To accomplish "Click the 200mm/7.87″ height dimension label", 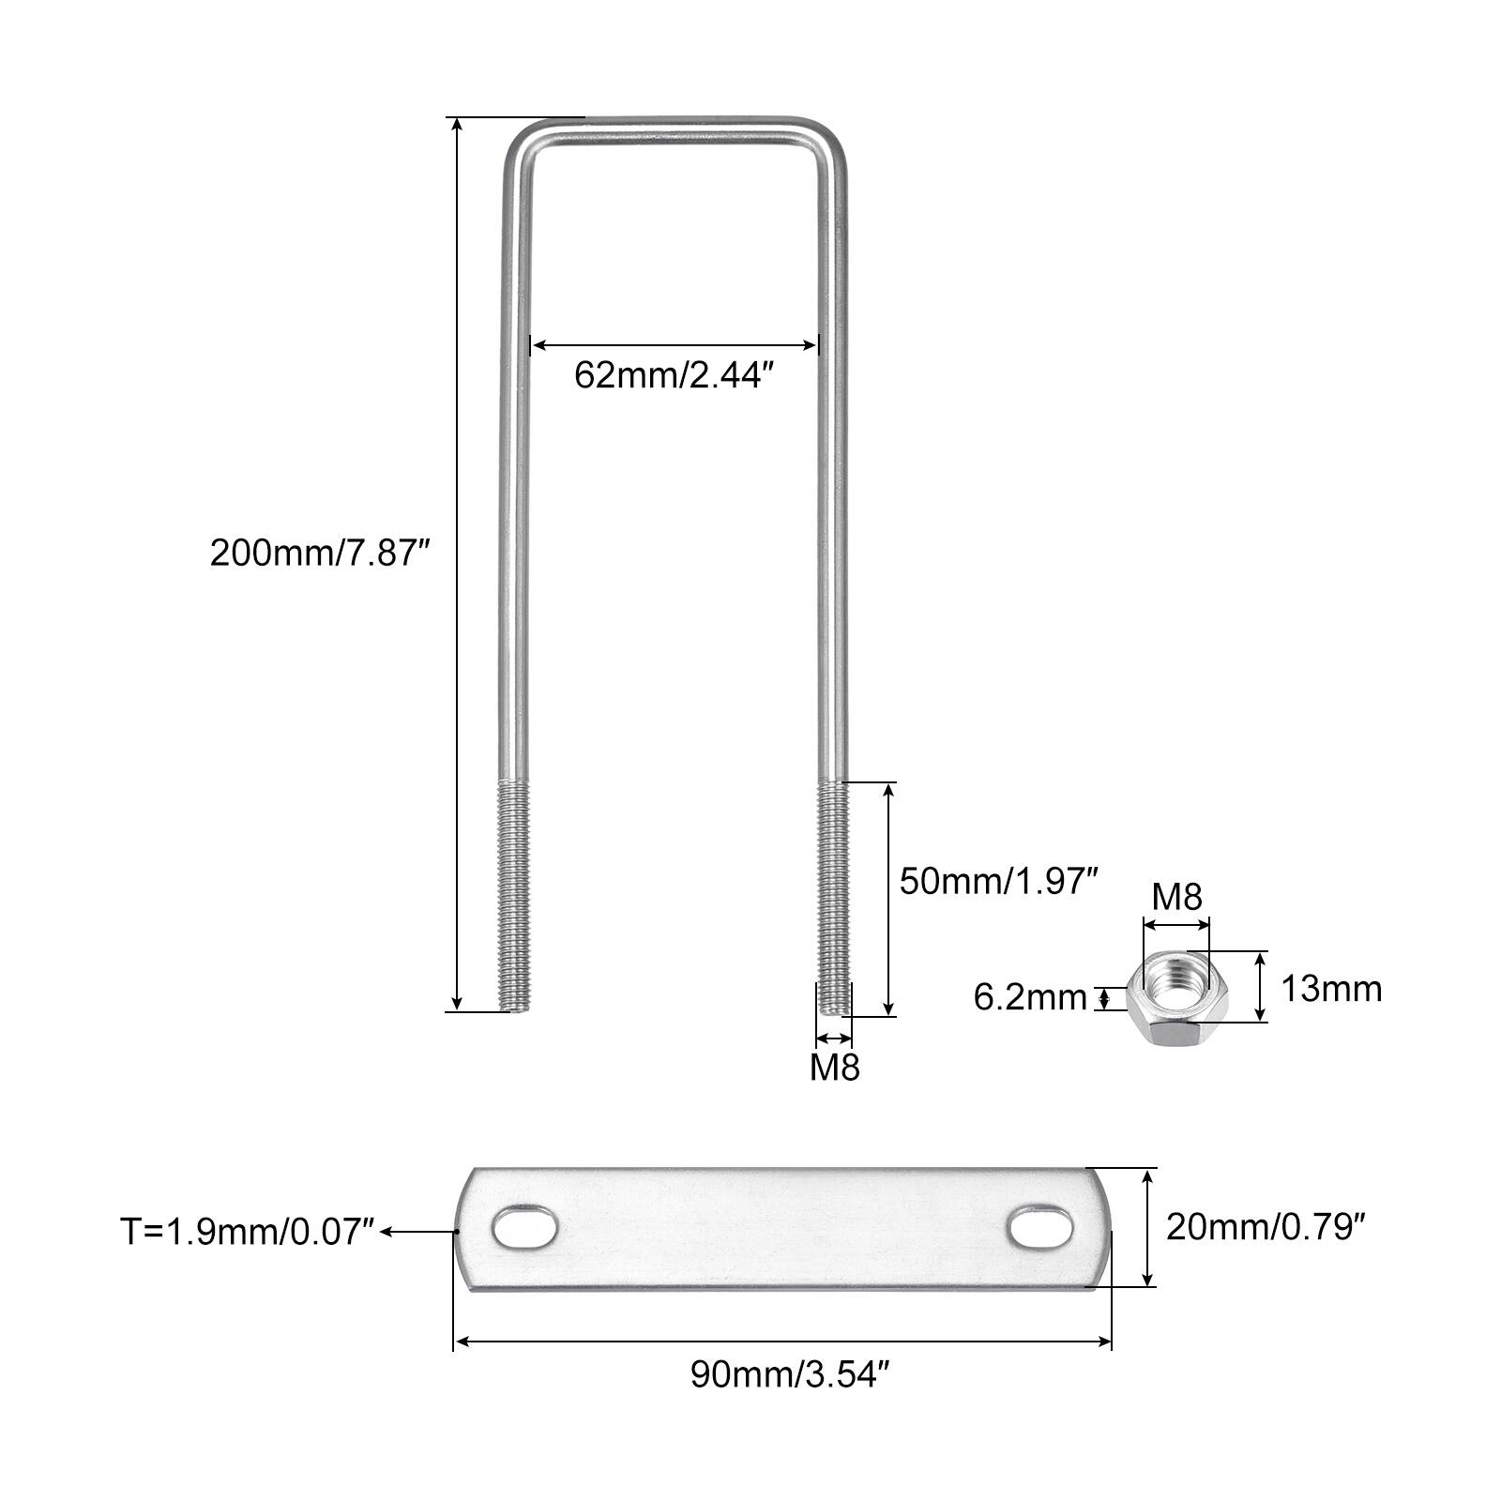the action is (x=319, y=553).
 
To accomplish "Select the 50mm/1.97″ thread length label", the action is (x=998, y=881).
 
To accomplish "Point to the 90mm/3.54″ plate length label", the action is (x=789, y=1375).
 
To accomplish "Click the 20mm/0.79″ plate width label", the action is (x=1265, y=1226).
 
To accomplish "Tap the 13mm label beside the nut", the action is (x=1331, y=989).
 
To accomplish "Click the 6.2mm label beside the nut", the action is (x=1030, y=997).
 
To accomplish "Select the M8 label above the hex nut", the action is (x=1176, y=897).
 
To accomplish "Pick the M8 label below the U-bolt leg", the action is (x=835, y=1067).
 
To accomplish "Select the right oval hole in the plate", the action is (x=1039, y=1225).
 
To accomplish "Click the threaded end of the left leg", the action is (x=514, y=895).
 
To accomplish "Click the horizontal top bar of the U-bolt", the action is (x=675, y=130).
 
